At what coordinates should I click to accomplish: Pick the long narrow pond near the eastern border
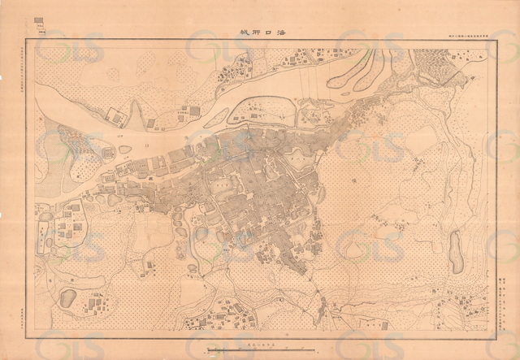coord(457,251)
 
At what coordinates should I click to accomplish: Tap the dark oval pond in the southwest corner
coord(67,297)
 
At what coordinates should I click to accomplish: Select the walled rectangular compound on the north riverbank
coord(117,117)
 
